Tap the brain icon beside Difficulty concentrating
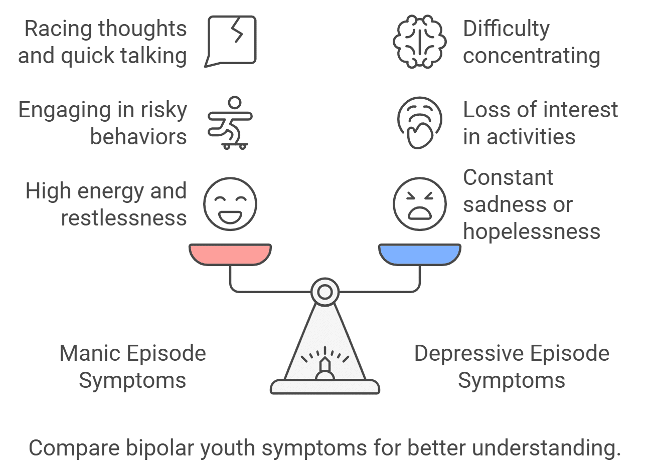419,42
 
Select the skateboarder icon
230,123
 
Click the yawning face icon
419,123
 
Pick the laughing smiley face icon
230,204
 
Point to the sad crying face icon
419,204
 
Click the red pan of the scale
230,254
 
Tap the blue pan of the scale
419,254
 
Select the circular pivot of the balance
324,292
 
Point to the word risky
162,110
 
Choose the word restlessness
123,218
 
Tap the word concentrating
531,56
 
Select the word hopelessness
531,231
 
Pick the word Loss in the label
483,110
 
